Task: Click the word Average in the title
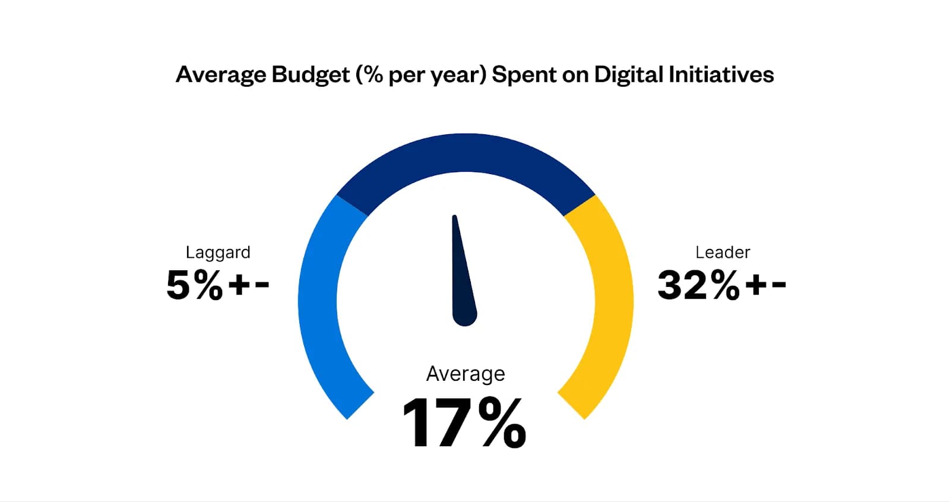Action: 220,75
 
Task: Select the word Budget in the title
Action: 311,75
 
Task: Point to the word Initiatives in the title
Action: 721,75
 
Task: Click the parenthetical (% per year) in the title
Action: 421,75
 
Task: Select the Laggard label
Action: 218,252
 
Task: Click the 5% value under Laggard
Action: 194,285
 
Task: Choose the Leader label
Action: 723,252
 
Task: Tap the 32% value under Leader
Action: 698,285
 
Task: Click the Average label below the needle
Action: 465,374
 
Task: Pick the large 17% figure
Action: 464,423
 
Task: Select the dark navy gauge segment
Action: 465,153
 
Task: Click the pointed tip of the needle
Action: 454,218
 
